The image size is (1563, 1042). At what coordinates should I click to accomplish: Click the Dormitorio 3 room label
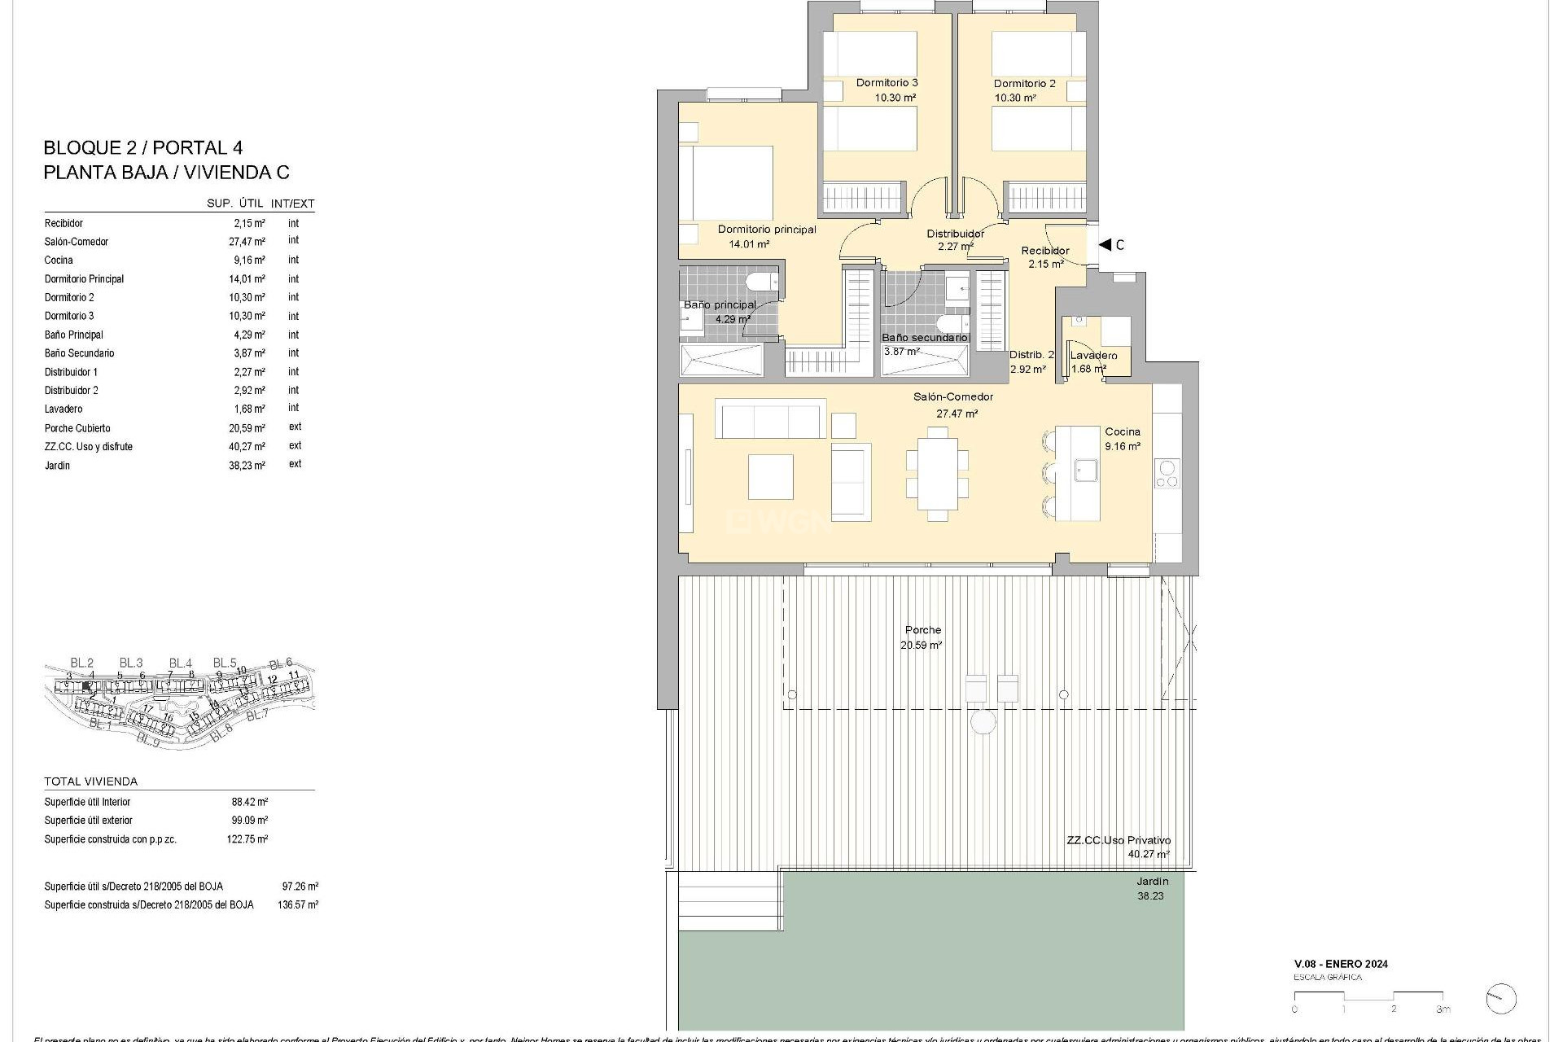pyautogui.click(x=887, y=83)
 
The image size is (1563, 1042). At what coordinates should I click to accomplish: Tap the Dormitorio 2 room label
pyautogui.click(x=1024, y=84)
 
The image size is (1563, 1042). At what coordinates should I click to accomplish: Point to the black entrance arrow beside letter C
pyautogui.click(x=1105, y=244)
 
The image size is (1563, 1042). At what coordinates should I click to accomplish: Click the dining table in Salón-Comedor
pyautogui.click(x=937, y=474)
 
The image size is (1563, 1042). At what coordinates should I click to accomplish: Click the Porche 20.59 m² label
pyautogui.click(x=922, y=637)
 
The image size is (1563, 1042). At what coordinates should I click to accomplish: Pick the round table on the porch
pyautogui.click(x=983, y=722)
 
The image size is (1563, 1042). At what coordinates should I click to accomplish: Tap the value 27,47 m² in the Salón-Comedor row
pyautogui.click(x=247, y=242)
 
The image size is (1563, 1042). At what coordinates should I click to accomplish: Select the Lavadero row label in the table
pyautogui.click(x=63, y=409)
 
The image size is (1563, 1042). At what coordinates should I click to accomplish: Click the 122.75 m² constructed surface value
pyautogui.click(x=247, y=839)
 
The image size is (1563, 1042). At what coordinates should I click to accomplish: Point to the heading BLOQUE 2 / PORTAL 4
pyautogui.click(x=142, y=148)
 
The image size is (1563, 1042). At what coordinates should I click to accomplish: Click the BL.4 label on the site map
pyautogui.click(x=180, y=663)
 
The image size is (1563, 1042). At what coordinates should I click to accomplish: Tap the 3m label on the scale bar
pyautogui.click(x=1443, y=1009)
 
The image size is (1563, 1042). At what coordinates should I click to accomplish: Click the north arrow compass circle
pyautogui.click(x=1500, y=999)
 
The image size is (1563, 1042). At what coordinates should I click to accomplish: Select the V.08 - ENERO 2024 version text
pyautogui.click(x=1341, y=964)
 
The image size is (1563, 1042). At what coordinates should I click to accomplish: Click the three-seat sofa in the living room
pyautogui.click(x=770, y=418)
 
